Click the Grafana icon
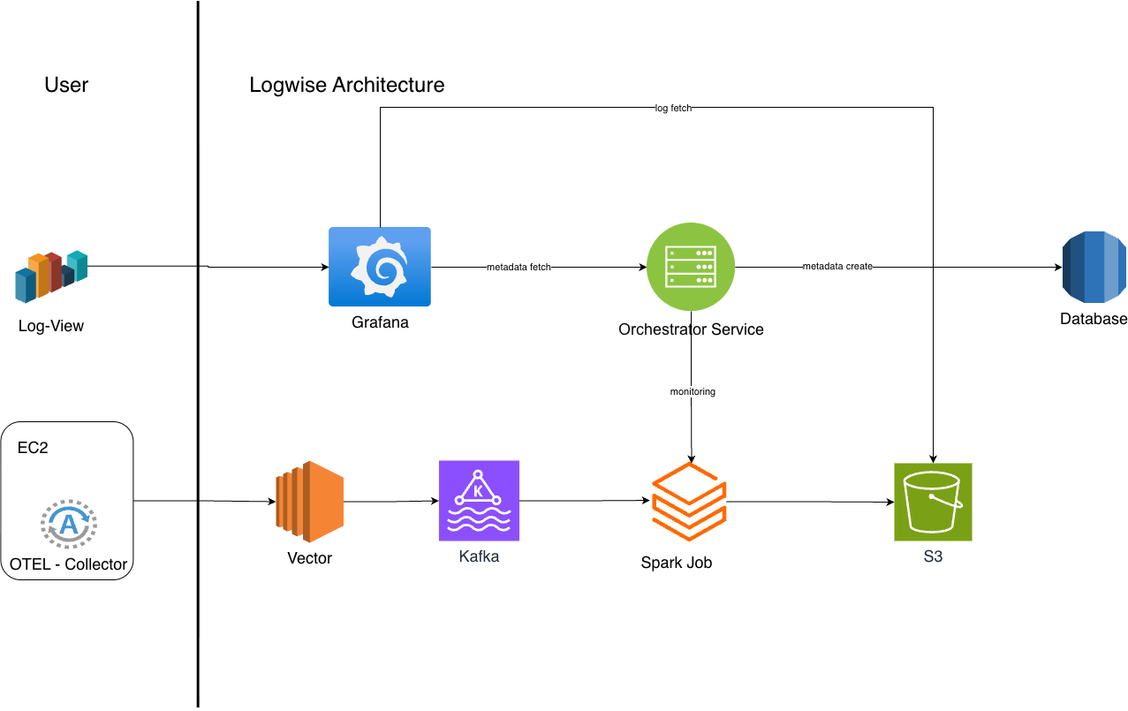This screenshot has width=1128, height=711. (x=380, y=267)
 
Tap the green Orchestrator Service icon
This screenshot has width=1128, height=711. (x=691, y=267)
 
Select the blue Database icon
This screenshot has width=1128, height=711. (x=1094, y=268)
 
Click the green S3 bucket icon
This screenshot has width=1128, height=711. (x=933, y=502)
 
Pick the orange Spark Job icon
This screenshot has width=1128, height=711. (x=688, y=501)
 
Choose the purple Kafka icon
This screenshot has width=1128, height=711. (x=479, y=500)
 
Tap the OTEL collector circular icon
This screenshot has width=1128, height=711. (x=68, y=525)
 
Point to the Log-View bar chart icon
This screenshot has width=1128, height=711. (x=51, y=276)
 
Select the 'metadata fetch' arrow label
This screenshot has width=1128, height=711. (x=519, y=267)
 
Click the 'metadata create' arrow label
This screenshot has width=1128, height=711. (x=837, y=267)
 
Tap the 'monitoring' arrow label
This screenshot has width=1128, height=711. (x=693, y=391)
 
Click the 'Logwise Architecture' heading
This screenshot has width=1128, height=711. (x=346, y=85)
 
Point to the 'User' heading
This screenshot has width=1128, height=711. (x=66, y=85)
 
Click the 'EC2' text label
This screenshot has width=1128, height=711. (x=33, y=448)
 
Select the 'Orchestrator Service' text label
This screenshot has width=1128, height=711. (x=691, y=329)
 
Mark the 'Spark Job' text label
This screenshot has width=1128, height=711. (x=676, y=563)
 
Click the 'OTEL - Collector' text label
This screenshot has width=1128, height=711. (x=68, y=564)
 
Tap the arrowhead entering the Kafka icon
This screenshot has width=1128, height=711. (x=435, y=501)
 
